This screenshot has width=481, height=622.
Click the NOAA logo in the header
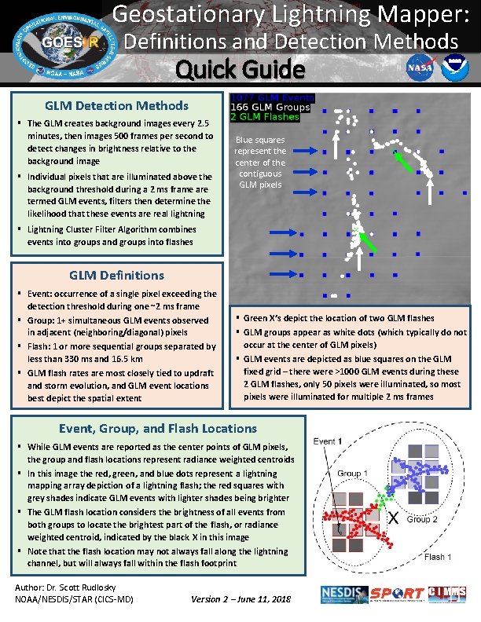click(450, 68)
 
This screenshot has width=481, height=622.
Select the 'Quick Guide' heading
click(240, 70)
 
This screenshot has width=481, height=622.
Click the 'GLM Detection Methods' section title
click(116, 105)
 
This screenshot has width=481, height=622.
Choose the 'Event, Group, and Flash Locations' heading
click(158, 428)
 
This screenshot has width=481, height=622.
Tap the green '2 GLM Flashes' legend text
click(265, 116)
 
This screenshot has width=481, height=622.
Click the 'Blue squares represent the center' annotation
click(263, 162)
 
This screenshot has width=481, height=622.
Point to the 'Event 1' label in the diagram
click(329, 441)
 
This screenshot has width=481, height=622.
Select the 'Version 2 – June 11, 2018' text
click(240, 599)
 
